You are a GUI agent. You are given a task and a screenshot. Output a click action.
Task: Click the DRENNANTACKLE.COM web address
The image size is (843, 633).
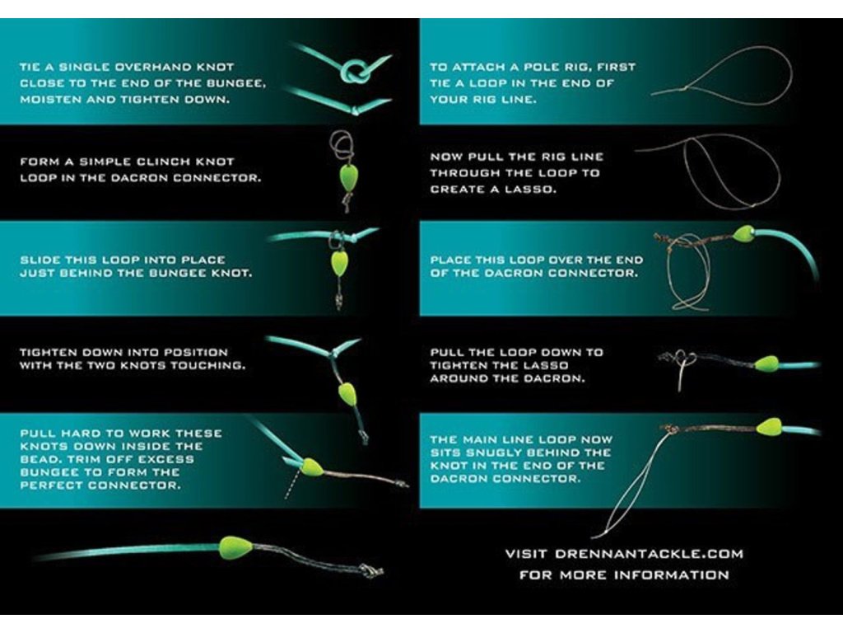click(x=649, y=554)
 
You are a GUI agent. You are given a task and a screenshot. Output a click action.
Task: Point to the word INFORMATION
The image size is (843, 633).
click(x=672, y=574)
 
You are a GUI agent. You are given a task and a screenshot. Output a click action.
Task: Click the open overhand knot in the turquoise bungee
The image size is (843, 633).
click(x=355, y=71)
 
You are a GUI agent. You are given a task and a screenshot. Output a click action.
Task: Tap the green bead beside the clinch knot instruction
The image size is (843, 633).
click(x=348, y=177)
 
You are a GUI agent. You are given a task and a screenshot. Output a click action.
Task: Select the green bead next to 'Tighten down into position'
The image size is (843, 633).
click(x=347, y=394)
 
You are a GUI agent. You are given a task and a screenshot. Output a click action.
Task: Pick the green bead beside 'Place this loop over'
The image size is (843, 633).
click(x=743, y=233)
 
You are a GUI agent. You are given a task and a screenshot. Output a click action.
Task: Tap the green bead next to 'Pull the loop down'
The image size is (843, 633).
click(x=766, y=363)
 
